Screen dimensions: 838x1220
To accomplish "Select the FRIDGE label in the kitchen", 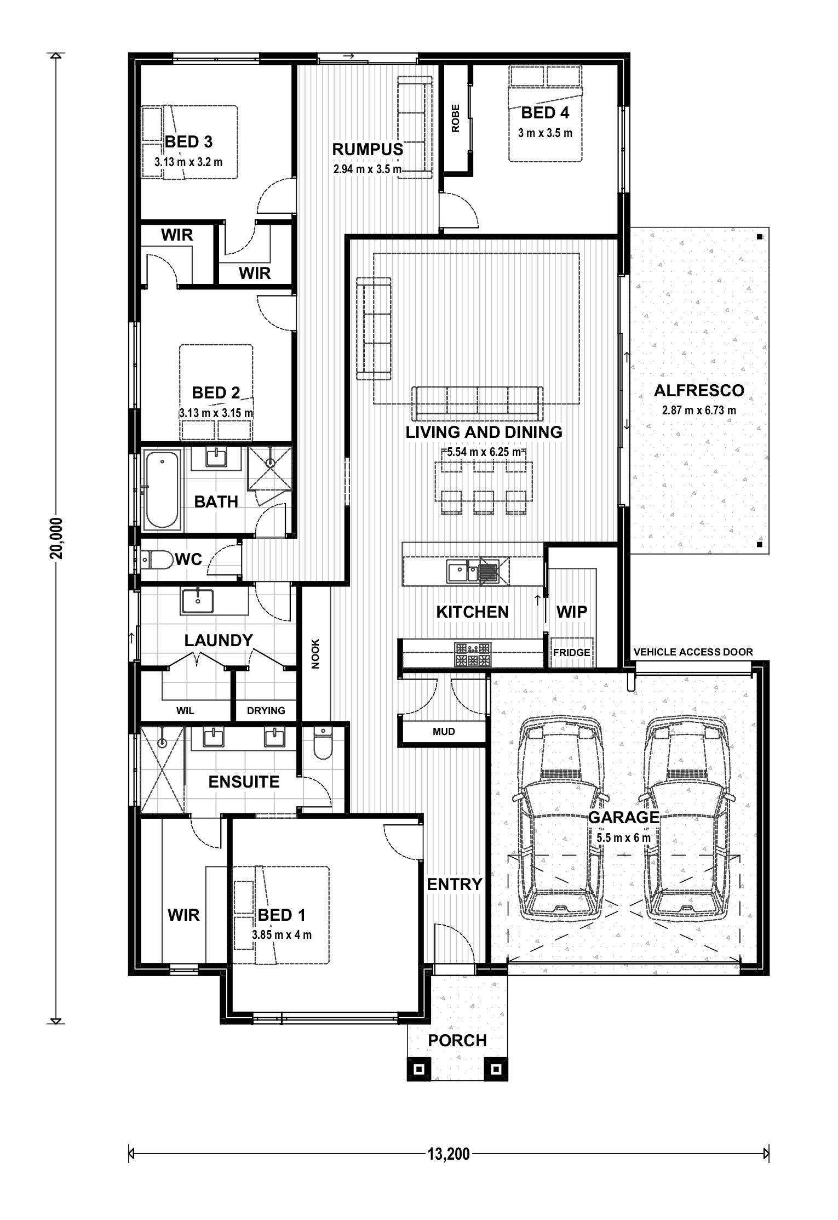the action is coord(571,652).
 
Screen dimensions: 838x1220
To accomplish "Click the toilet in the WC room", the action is coord(157,560).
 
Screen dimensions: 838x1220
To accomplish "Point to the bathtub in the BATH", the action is coord(162,489).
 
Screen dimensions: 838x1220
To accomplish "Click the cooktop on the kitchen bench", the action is coord(473,654).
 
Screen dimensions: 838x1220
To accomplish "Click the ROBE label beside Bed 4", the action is coord(456,118).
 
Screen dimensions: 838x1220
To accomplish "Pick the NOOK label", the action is coord(315,654).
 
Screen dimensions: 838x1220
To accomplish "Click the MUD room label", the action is coord(444,731).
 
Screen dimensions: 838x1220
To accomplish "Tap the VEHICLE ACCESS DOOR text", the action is coord(693,652).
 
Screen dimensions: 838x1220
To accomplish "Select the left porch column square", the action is coord(419,1069).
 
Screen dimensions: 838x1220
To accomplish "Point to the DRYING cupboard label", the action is coord(266,711).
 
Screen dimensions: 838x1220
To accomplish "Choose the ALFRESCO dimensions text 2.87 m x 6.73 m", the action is coord(699,410).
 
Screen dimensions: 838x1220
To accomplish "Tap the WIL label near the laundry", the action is coord(185,711).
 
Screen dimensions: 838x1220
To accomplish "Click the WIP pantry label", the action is coord(572,612).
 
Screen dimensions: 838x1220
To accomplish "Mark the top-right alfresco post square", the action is coord(760,237).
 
